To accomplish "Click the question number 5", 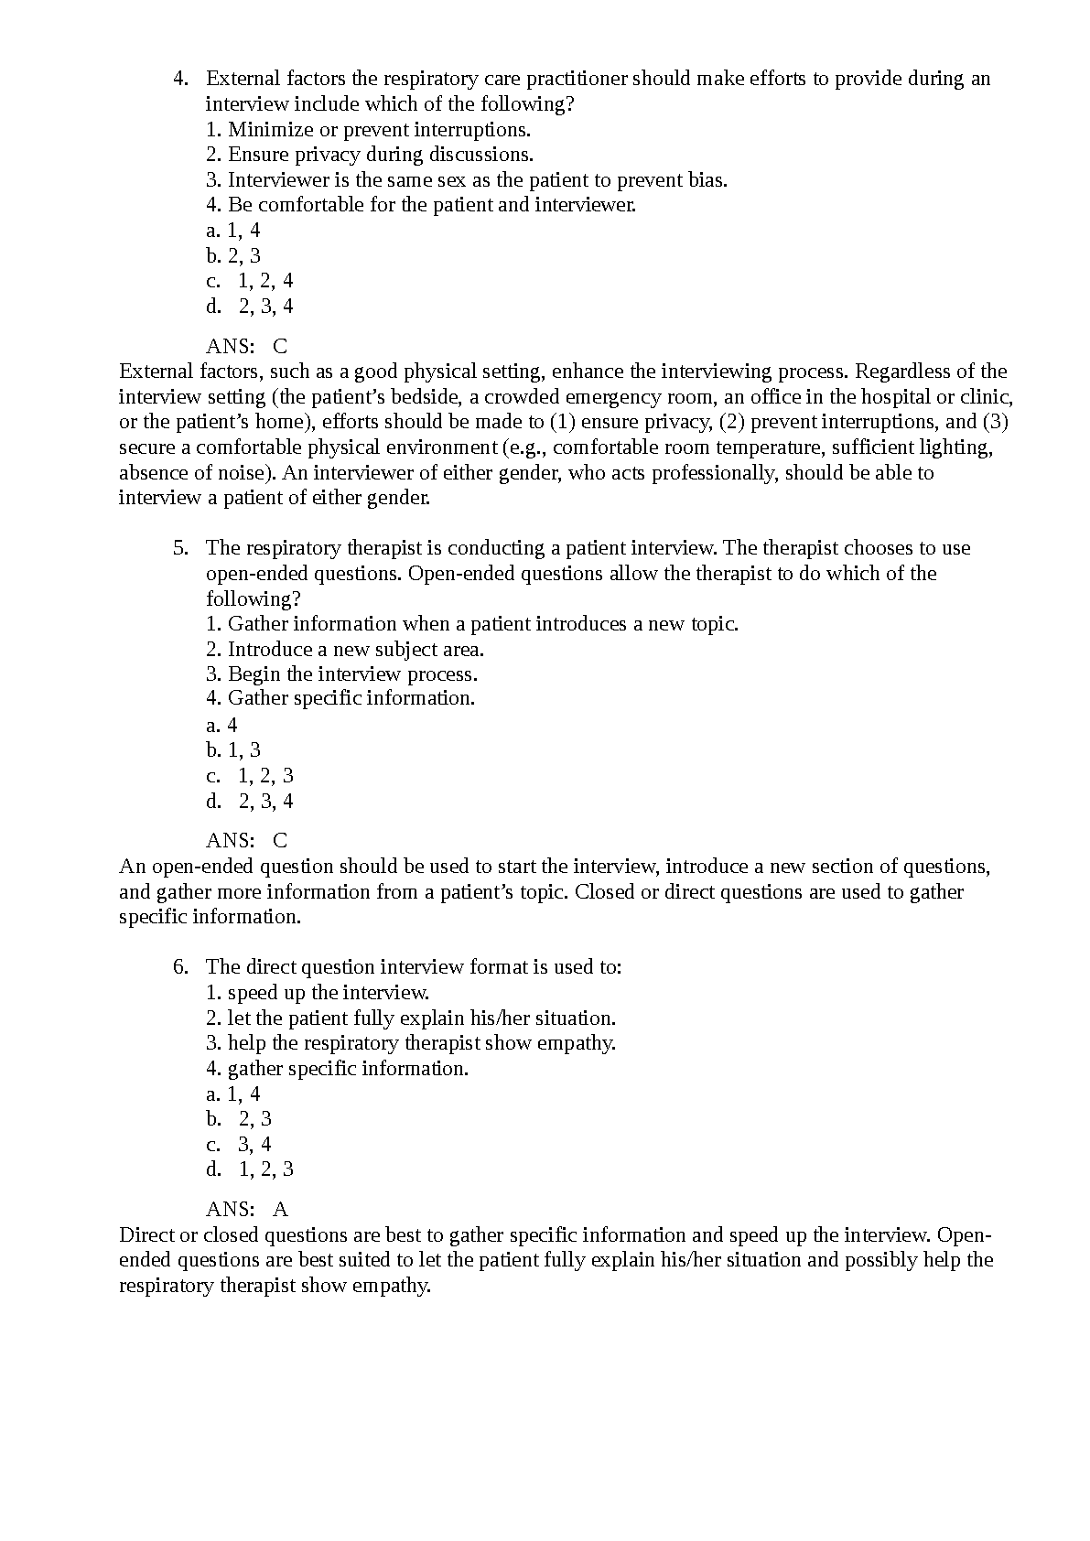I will coord(180,548).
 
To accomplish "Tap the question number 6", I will coord(180,967).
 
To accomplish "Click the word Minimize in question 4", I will coord(271,129).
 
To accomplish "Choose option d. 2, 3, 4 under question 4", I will coord(250,306).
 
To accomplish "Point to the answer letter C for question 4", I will coord(280,346).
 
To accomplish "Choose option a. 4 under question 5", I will coord(221,726).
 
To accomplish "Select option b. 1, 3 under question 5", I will coord(233,750).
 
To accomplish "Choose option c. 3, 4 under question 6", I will coord(239,1144).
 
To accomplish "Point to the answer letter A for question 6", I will coord(280,1210).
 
